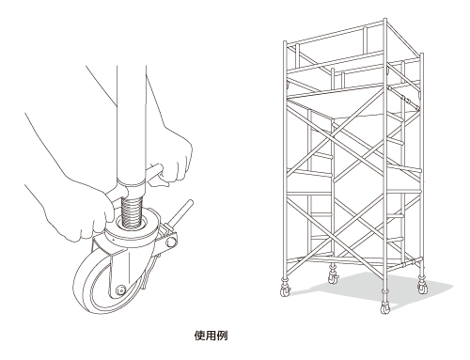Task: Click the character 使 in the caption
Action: click(x=199, y=336)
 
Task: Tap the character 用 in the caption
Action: click(x=211, y=336)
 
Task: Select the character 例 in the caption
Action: click(x=222, y=336)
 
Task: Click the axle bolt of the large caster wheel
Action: click(x=120, y=290)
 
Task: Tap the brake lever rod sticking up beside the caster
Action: click(x=182, y=215)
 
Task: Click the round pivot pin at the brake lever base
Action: click(x=171, y=242)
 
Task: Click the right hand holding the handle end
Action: click(x=177, y=157)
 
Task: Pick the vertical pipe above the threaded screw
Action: click(x=132, y=125)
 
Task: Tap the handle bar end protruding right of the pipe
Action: click(x=155, y=173)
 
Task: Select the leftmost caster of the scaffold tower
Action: click(x=286, y=289)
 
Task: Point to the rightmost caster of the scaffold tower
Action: click(x=422, y=286)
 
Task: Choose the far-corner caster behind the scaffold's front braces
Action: click(x=334, y=275)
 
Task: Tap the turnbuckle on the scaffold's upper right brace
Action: click(x=407, y=101)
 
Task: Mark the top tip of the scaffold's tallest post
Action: click(x=385, y=19)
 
